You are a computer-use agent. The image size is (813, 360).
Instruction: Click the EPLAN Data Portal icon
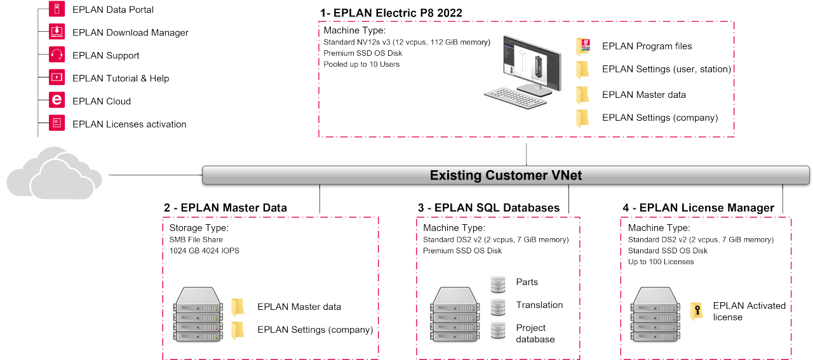pyautogui.click(x=57, y=10)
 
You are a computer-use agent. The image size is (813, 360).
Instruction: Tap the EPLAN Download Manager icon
pyautogui.click(x=57, y=32)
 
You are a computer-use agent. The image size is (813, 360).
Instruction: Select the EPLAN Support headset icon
pyautogui.click(x=57, y=55)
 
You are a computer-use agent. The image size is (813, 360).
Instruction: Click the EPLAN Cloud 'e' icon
pyautogui.click(x=57, y=101)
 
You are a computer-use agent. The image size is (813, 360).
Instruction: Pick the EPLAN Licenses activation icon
pyautogui.click(x=57, y=124)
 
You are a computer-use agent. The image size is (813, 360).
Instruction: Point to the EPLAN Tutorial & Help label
pyautogui.click(x=121, y=78)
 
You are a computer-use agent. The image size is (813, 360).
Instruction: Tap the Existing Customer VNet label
pyautogui.click(x=506, y=175)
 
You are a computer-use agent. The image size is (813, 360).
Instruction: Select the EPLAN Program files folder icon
pyautogui.click(x=583, y=46)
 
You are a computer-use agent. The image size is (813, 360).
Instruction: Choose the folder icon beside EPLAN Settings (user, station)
pyautogui.click(x=583, y=69)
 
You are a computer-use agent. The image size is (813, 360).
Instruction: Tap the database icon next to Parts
pyautogui.click(x=498, y=283)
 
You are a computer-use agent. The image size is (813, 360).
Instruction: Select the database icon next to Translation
pyautogui.click(x=498, y=306)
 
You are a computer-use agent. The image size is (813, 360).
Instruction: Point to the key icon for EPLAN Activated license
pyautogui.click(x=697, y=312)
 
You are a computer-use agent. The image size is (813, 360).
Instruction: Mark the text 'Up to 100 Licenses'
pyautogui.click(x=661, y=262)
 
